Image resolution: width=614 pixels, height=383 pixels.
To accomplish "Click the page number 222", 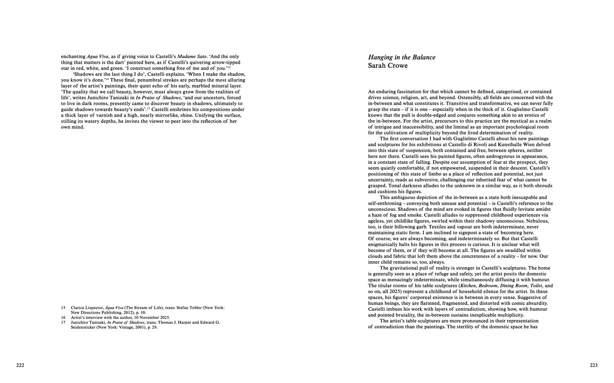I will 20,365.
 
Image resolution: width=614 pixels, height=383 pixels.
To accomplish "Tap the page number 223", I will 594,365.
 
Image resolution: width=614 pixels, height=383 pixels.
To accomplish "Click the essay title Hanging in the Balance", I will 401,58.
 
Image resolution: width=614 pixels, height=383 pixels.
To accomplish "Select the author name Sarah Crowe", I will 387,66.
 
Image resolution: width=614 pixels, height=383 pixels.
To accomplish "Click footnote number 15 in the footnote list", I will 63,308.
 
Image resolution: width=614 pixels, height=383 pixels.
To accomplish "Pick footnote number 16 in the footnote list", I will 63,317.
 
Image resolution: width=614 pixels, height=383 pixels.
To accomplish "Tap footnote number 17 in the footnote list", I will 63,323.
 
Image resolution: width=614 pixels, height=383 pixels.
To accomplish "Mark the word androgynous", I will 490,156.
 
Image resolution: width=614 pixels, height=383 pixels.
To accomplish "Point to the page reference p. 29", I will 151,327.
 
